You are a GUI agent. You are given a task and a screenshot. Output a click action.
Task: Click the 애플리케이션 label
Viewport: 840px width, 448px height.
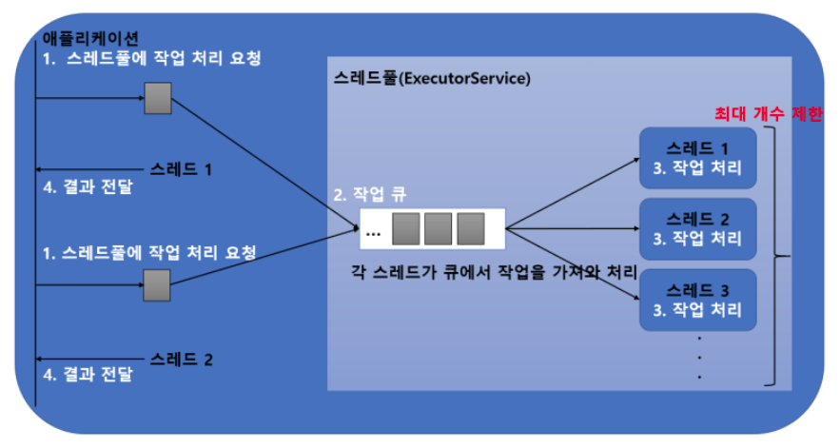(x=91, y=38)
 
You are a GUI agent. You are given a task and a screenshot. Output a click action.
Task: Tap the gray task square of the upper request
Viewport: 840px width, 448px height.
(x=157, y=96)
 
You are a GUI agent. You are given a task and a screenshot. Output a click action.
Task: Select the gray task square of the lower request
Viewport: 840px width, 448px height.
(x=157, y=282)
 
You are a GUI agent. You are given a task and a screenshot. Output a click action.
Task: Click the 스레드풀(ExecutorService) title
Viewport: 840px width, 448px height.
(x=432, y=78)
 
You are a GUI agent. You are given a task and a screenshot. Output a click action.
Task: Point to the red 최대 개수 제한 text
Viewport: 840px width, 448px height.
(x=769, y=114)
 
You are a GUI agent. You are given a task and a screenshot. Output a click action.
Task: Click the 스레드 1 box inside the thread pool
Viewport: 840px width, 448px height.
(x=697, y=159)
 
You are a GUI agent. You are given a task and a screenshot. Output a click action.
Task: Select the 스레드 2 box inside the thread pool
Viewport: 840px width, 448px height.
(x=697, y=229)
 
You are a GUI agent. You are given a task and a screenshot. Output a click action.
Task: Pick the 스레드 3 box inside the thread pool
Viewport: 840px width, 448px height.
(x=697, y=300)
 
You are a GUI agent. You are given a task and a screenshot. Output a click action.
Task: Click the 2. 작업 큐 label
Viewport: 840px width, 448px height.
(x=369, y=194)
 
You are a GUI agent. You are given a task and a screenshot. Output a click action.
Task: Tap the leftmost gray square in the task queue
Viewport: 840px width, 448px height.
(x=407, y=228)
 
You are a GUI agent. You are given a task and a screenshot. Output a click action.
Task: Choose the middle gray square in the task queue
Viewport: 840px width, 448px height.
(x=439, y=228)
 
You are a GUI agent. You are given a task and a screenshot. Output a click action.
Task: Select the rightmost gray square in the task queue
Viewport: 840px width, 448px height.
(x=471, y=228)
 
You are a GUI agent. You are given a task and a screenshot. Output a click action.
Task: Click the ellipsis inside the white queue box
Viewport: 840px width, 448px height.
(x=373, y=231)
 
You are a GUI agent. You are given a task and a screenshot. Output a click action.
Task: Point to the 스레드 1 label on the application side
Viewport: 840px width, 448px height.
(x=182, y=169)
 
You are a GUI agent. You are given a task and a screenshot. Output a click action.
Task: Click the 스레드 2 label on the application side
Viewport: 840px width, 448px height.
(x=182, y=359)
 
